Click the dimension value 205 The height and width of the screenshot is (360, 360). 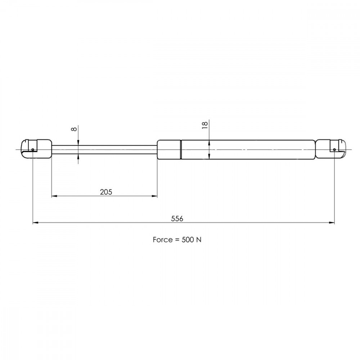(x=106, y=192)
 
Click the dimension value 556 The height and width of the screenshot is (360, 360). (x=177, y=219)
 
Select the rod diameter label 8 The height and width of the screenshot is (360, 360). (x=74, y=129)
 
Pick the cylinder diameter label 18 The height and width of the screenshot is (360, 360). (x=204, y=125)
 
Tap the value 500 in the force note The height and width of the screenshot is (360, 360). (x=188, y=240)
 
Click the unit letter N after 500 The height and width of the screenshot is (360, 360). (x=199, y=240)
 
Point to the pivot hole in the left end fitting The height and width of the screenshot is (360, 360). (x=33, y=150)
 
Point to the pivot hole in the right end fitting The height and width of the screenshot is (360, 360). (x=334, y=150)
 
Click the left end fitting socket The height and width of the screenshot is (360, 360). (x=36, y=149)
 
